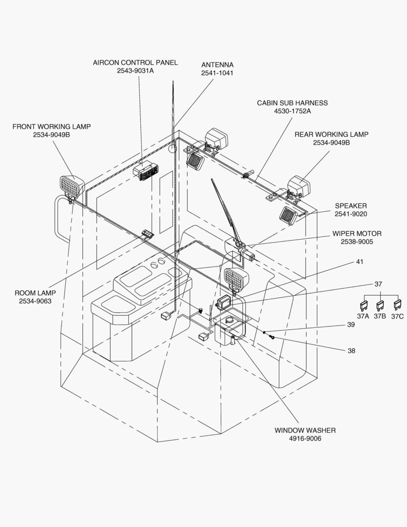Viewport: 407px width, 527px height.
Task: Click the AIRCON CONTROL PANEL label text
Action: point(135,62)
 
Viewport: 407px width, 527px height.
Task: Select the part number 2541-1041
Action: point(217,73)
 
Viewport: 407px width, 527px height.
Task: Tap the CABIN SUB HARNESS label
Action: point(292,103)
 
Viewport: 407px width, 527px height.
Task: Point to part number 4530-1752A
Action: point(292,111)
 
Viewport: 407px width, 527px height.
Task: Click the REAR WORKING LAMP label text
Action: point(331,134)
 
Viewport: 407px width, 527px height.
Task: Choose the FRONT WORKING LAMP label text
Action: point(51,126)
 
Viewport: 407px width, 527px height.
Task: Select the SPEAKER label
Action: point(350,206)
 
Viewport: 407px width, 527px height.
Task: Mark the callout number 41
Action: point(360,262)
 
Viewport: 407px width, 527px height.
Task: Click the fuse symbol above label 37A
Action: point(363,306)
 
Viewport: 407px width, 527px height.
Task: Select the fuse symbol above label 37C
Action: point(397,306)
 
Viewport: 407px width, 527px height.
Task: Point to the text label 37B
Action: point(380,316)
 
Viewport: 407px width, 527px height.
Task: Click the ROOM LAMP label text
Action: point(35,293)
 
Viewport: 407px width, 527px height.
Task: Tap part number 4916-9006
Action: point(305,439)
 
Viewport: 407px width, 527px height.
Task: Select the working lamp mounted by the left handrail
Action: point(71,186)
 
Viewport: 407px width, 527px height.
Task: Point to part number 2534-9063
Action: point(35,301)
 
